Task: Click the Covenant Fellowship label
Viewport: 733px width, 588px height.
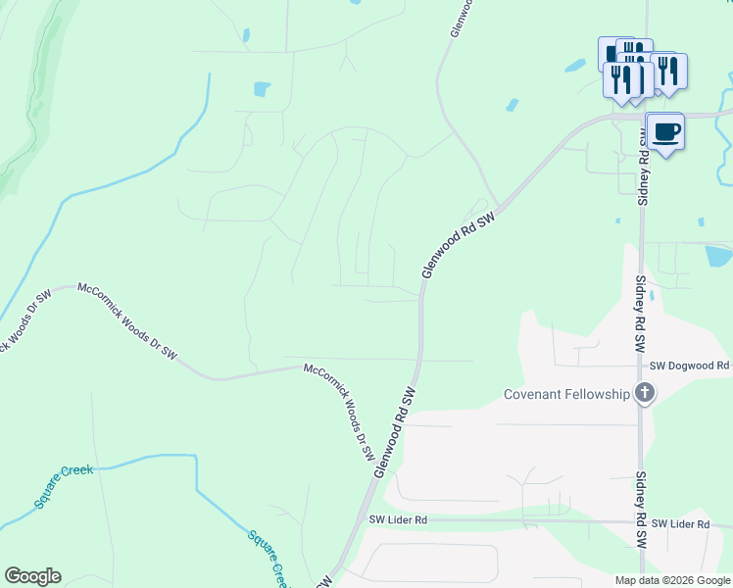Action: [566, 394]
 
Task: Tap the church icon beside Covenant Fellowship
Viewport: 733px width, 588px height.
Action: [644, 394]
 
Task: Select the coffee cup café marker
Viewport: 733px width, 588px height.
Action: [665, 131]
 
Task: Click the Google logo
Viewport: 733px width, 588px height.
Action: [32, 576]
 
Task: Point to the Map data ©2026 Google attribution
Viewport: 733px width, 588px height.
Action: [672, 580]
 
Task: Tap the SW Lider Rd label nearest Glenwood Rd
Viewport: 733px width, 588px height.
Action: [398, 520]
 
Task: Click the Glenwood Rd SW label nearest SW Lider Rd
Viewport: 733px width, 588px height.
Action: [395, 432]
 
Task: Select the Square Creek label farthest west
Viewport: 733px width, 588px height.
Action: [64, 485]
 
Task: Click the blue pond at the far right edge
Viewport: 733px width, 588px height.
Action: [718, 256]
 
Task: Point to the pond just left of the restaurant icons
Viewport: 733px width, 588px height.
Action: [575, 66]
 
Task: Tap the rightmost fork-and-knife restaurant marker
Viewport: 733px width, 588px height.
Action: [669, 72]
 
